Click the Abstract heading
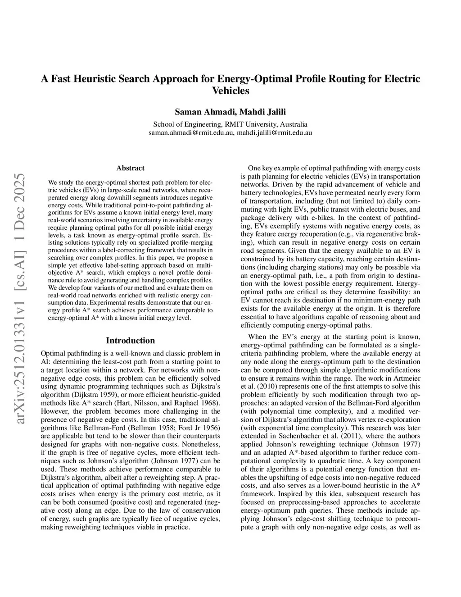point(130,168)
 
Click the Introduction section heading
point(130,341)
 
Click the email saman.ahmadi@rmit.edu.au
point(191,132)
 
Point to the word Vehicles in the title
point(230,91)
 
